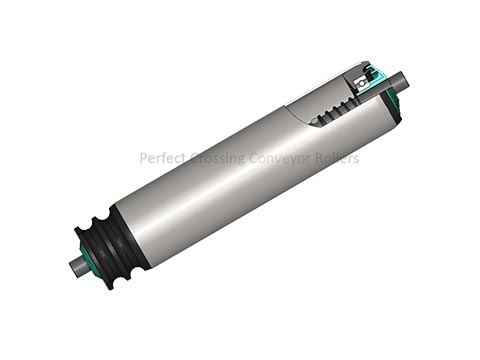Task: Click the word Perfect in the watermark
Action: click(x=162, y=158)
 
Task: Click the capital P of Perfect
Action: click(x=143, y=158)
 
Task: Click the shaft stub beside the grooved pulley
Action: click(x=77, y=268)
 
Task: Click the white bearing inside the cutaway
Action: click(x=360, y=83)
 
